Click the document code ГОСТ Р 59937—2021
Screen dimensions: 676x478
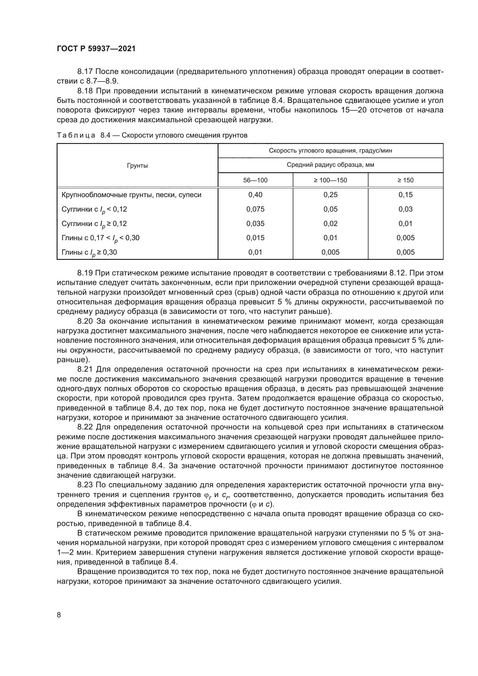(96, 49)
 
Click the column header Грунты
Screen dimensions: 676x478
(137, 166)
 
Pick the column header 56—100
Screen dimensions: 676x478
(255, 180)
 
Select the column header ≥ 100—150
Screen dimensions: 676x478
(330, 180)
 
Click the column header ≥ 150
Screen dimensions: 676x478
(405, 180)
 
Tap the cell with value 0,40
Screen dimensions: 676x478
(255, 195)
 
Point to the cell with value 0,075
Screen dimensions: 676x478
(255, 209)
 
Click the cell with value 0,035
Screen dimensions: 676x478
(255, 223)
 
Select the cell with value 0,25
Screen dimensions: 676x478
(330, 195)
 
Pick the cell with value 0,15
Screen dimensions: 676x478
(405, 195)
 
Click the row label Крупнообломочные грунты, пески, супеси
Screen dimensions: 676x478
(131, 195)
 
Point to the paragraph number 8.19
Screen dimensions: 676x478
(85, 273)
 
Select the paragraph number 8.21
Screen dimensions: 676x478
(85, 369)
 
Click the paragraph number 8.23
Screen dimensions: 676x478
(85, 485)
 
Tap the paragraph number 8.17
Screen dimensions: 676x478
(85, 72)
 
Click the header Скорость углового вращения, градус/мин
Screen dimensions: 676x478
(330, 151)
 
